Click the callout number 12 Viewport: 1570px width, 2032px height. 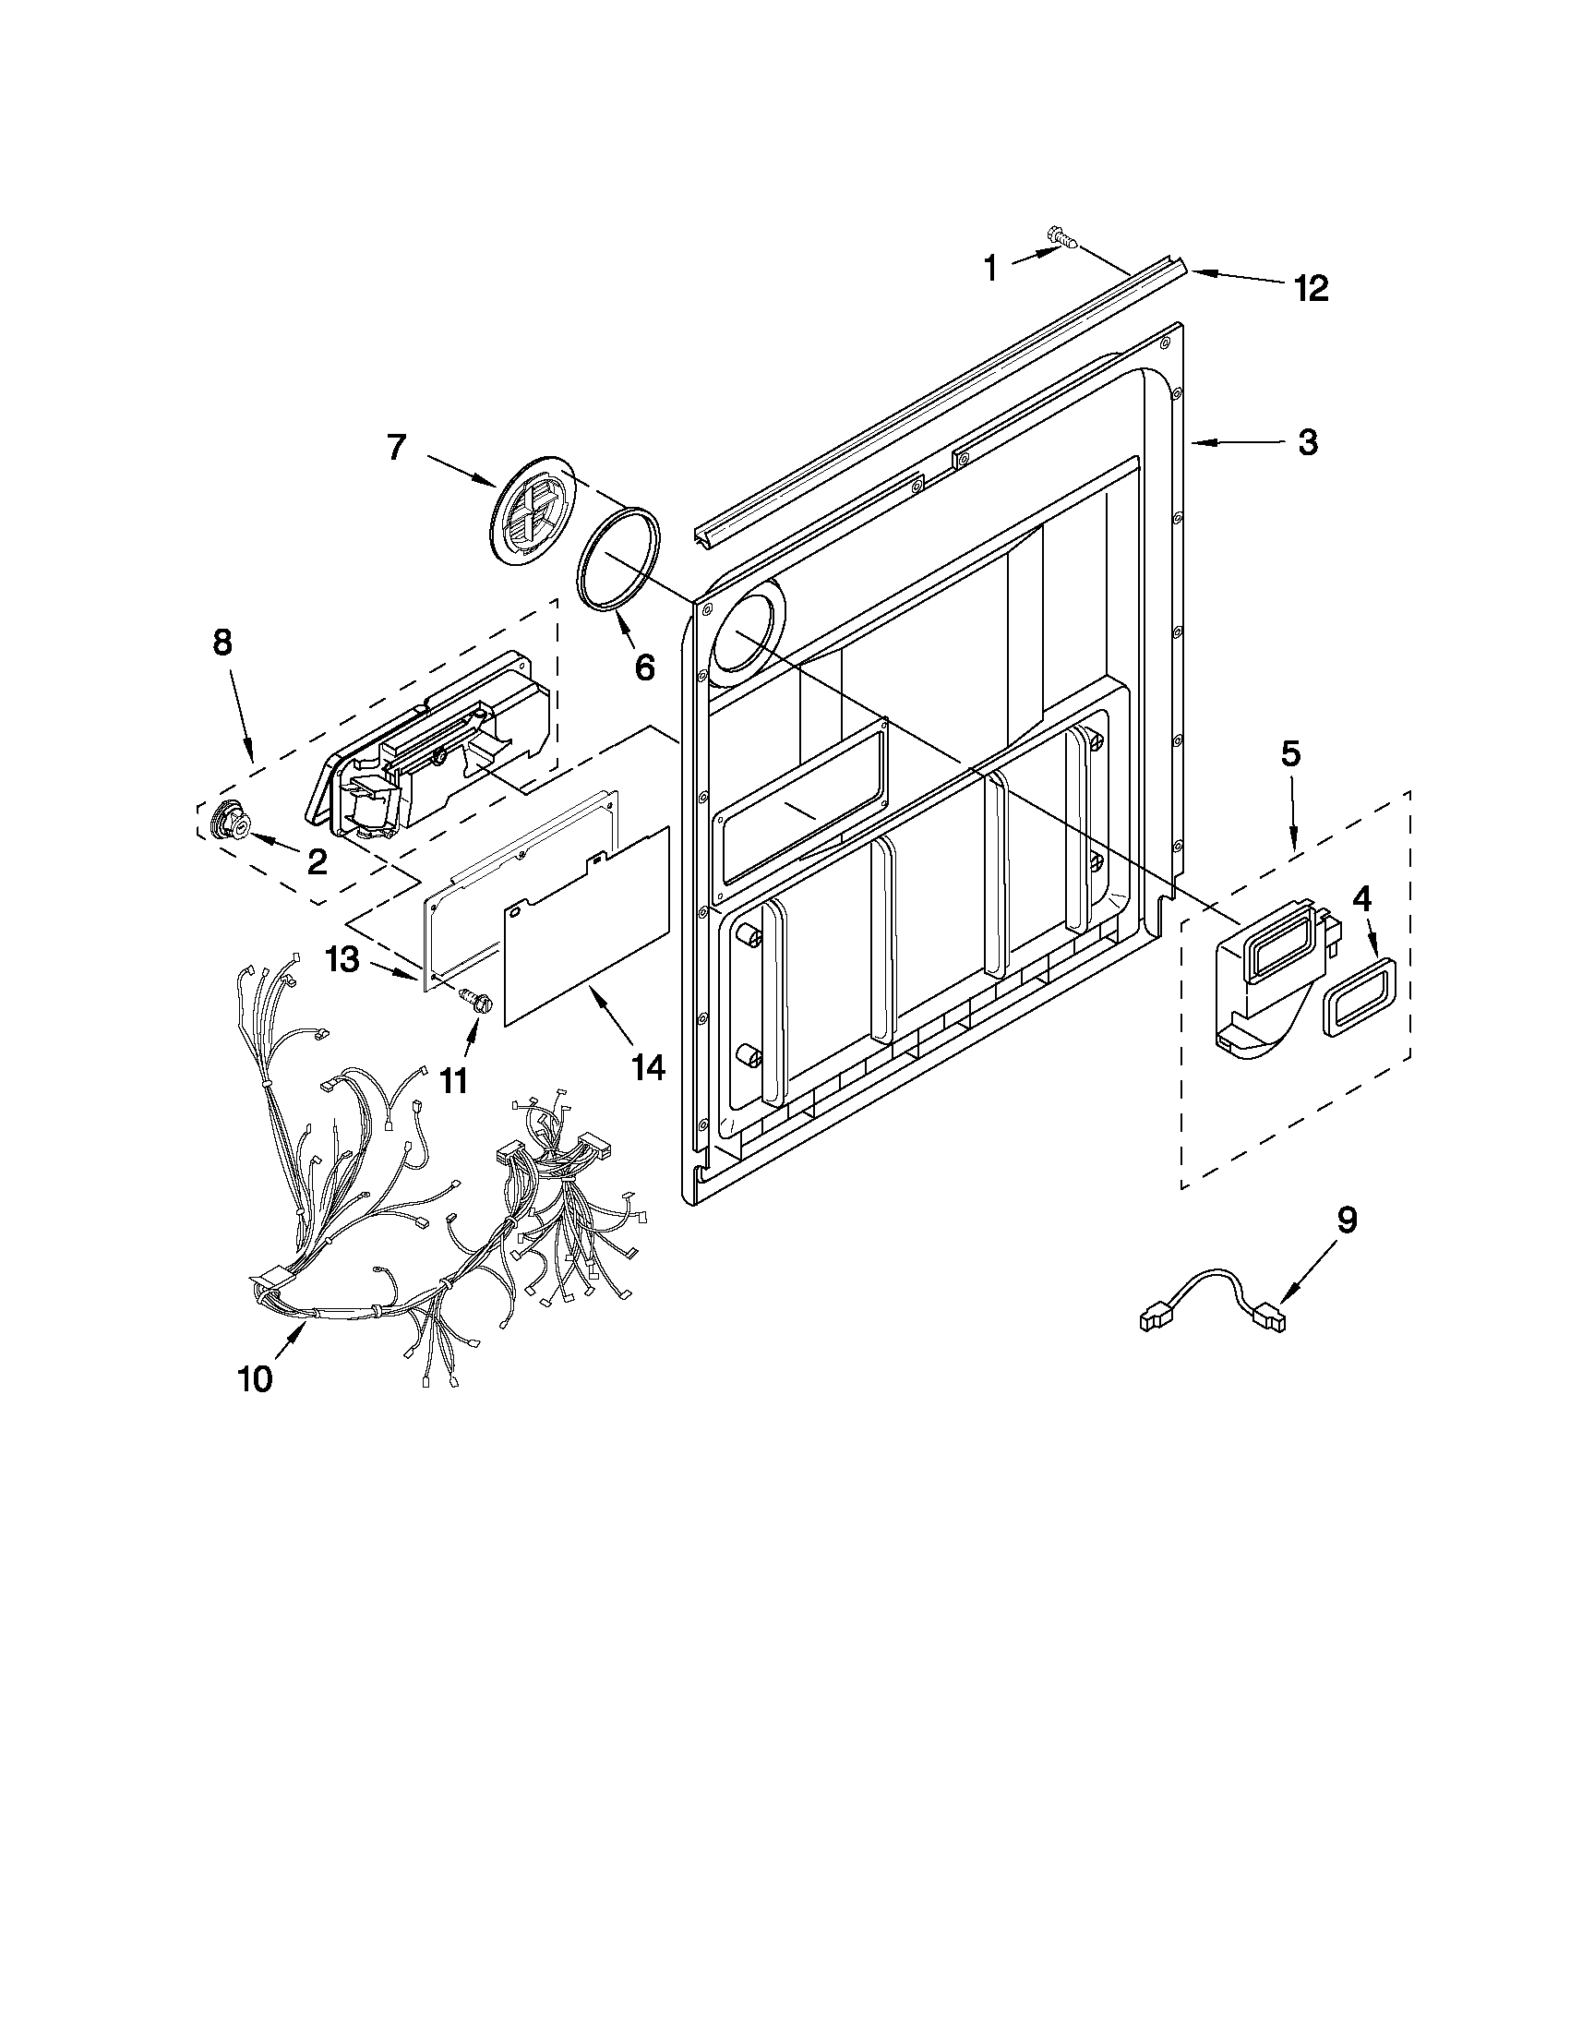tap(1310, 288)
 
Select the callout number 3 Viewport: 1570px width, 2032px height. tap(1307, 442)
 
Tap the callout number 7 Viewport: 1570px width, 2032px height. tap(396, 448)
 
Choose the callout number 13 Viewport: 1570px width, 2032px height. tap(342, 959)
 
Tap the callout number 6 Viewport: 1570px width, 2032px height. tap(643, 667)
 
